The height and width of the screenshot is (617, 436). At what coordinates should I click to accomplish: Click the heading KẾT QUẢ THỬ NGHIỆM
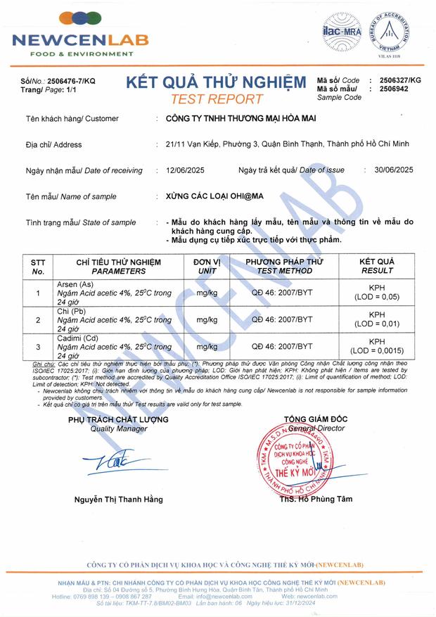(x=216, y=82)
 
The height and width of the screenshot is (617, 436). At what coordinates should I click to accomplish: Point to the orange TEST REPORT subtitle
(x=217, y=98)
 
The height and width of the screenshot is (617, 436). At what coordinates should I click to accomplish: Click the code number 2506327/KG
(x=400, y=81)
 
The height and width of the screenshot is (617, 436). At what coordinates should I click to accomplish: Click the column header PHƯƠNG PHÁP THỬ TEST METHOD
(x=284, y=266)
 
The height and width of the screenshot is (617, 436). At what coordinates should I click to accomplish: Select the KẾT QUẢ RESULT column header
(x=377, y=266)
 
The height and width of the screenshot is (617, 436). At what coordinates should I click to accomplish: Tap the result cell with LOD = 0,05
(x=377, y=293)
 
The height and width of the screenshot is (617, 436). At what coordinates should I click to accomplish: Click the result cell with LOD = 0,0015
(x=377, y=346)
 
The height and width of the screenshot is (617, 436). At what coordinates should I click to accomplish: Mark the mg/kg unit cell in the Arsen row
(x=207, y=293)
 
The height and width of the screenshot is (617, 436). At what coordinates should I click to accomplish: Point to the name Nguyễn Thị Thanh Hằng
(x=119, y=500)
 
